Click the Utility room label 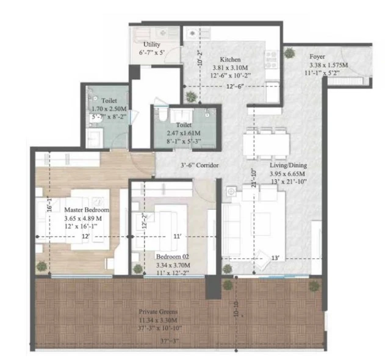coord(152,45)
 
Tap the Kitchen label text coord(230,59)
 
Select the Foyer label coord(317,57)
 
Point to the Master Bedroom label coord(87,210)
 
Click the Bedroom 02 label coord(173,257)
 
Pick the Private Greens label coord(158,312)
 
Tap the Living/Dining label coord(288,165)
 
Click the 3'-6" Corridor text coord(200,165)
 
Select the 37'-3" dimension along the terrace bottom coord(170,341)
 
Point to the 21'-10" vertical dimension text coord(254,178)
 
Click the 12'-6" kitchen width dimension coord(235,87)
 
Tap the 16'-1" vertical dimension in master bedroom coord(49,204)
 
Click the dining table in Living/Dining coord(267,143)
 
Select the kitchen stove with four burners coord(272,59)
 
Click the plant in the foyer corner coord(290,53)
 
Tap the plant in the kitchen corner coord(191,96)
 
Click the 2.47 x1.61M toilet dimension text coord(184,133)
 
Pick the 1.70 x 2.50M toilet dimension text coord(109,109)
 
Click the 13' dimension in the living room coord(275,258)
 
